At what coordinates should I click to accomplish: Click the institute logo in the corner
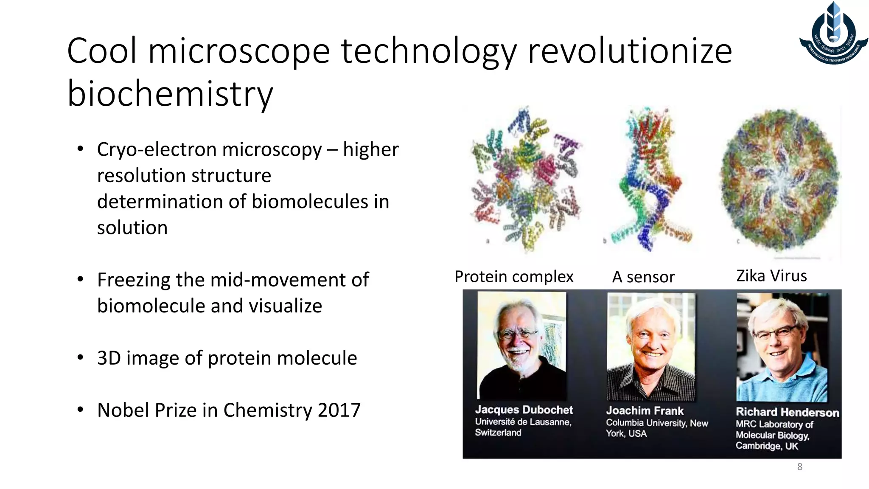tap(833, 34)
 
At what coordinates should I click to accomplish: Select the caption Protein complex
tap(514, 277)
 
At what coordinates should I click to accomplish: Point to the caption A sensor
tap(643, 277)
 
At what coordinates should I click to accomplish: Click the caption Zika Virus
tap(771, 276)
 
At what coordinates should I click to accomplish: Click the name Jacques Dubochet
tap(524, 410)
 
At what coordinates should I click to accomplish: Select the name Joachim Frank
tap(645, 411)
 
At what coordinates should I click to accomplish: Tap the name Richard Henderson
tap(787, 412)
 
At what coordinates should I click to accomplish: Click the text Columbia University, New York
tap(656, 428)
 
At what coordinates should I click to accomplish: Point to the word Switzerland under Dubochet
tap(498, 433)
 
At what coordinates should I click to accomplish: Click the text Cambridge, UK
tap(766, 446)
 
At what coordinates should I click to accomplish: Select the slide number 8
tap(799, 467)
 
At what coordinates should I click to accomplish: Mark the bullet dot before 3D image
tap(80, 357)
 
